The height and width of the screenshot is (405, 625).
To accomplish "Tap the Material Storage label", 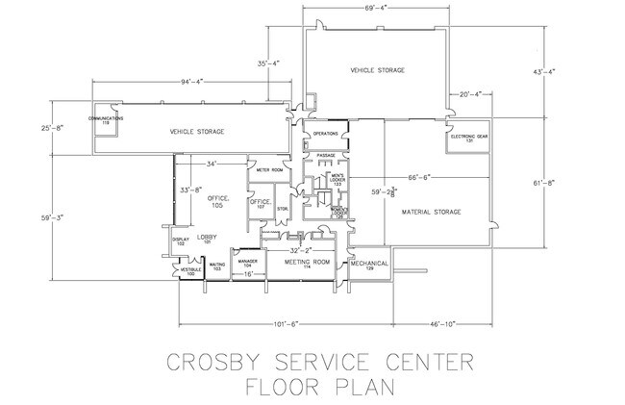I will click(x=433, y=211).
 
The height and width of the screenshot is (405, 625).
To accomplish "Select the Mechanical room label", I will click(x=368, y=263).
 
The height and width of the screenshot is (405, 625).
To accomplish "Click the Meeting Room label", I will click(x=308, y=262).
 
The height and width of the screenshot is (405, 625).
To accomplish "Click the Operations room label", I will click(x=326, y=134).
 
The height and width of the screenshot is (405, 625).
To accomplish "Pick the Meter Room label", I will click(x=269, y=170).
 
